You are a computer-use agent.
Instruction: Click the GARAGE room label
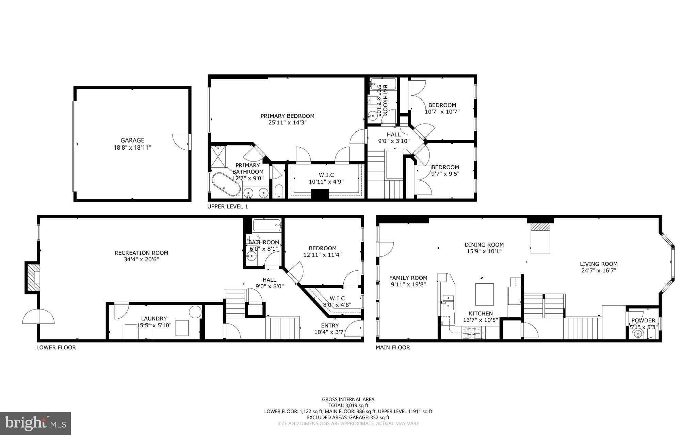(132, 140)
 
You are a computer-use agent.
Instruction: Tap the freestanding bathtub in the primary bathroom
(226, 185)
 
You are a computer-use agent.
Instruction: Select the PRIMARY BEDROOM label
(287, 116)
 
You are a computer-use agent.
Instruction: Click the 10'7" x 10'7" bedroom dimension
(442, 112)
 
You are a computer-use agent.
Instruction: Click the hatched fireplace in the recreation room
(33, 278)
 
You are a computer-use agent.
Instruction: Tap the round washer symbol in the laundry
(195, 312)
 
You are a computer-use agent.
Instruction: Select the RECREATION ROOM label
(141, 253)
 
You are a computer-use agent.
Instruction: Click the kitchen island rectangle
(484, 294)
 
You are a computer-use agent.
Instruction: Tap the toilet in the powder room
(637, 335)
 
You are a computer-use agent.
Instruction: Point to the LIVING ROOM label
(598, 264)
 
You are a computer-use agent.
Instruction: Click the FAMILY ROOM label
(408, 278)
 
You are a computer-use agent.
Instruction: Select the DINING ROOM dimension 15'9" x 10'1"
(484, 251)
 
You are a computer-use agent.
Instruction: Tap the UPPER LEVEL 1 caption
(228, 206)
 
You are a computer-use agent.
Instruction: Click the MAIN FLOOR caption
(392, 347)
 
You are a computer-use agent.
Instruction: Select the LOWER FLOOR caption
(56, 347)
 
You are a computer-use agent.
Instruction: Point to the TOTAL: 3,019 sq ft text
(348, 405)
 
